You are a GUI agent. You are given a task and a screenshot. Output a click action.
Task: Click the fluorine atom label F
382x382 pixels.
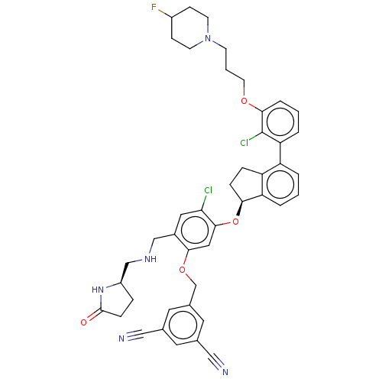154,7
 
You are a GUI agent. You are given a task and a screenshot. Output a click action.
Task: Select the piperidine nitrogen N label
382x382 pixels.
208,38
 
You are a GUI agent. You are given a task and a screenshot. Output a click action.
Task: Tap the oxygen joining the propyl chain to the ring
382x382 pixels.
244,101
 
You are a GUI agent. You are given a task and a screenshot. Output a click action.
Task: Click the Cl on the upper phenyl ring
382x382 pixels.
244,143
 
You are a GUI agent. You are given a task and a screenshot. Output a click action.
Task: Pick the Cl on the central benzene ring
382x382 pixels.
209,190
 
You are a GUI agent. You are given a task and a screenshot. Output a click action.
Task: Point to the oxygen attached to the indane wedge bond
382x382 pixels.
235,222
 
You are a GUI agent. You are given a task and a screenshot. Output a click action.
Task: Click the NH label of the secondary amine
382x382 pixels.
151,259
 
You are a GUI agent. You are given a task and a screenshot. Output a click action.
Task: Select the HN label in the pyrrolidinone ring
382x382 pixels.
98,290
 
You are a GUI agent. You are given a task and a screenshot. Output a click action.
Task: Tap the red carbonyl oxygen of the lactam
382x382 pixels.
83,322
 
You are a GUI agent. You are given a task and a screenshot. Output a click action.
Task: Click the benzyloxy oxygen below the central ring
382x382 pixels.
182,270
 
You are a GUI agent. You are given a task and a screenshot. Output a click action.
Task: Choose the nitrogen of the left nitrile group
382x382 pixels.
121,338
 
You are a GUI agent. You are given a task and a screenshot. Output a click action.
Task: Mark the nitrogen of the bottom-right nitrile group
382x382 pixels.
225,372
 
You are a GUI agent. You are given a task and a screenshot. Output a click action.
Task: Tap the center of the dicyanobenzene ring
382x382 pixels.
183,325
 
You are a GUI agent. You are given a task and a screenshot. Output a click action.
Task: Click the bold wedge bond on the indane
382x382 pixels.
240,209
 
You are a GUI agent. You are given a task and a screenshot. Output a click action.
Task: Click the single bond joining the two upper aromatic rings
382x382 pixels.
280,154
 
